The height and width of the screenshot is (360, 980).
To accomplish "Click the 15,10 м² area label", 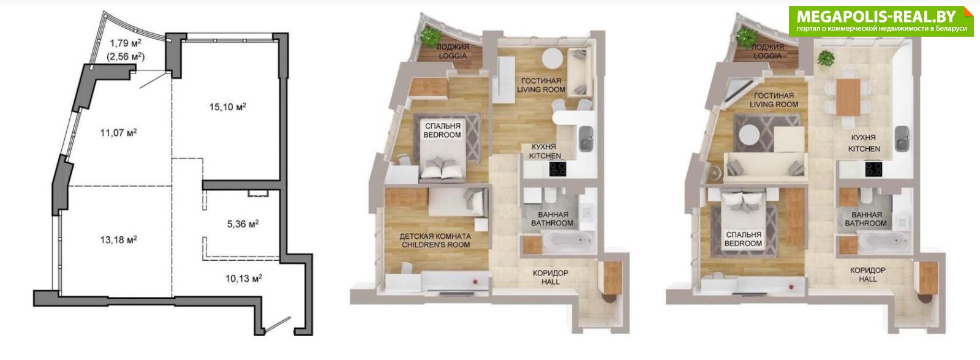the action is coord(227,107).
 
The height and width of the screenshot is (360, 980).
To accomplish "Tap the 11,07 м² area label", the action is coord(119,132).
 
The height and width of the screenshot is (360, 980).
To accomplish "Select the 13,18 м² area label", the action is coord(119,240).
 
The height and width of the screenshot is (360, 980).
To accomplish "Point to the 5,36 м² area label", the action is coord(243,225).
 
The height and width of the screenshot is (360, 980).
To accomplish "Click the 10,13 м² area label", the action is coord(244,278).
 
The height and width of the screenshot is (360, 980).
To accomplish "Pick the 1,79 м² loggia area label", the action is coord(126,43).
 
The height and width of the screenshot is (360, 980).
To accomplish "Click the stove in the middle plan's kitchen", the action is coord(558,169).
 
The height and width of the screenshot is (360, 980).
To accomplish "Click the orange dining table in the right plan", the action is coord(848,97).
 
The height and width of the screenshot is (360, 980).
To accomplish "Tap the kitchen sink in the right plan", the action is coord(902,138).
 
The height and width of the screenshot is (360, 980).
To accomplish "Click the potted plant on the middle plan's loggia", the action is coord(429,36).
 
